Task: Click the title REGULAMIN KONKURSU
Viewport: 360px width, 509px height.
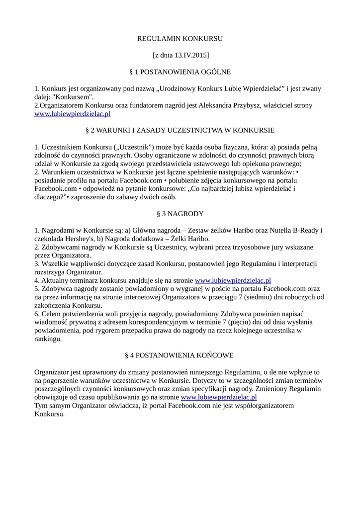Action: (x=180, y=38)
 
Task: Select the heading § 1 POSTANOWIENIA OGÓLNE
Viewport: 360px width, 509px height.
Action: (x=180, y=72)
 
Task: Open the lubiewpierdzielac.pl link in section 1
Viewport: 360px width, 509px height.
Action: (x=72, y=114)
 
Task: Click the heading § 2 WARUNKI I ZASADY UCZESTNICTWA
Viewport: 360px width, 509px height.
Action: (x=180, y=130)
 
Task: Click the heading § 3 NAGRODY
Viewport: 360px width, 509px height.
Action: (x=180, y=214)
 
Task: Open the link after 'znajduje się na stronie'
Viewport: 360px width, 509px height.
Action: (x=233, y=281)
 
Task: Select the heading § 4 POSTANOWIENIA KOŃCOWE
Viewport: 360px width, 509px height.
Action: (x=180, y=356)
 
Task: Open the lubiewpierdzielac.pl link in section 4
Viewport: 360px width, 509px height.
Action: (x=219, y=397)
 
